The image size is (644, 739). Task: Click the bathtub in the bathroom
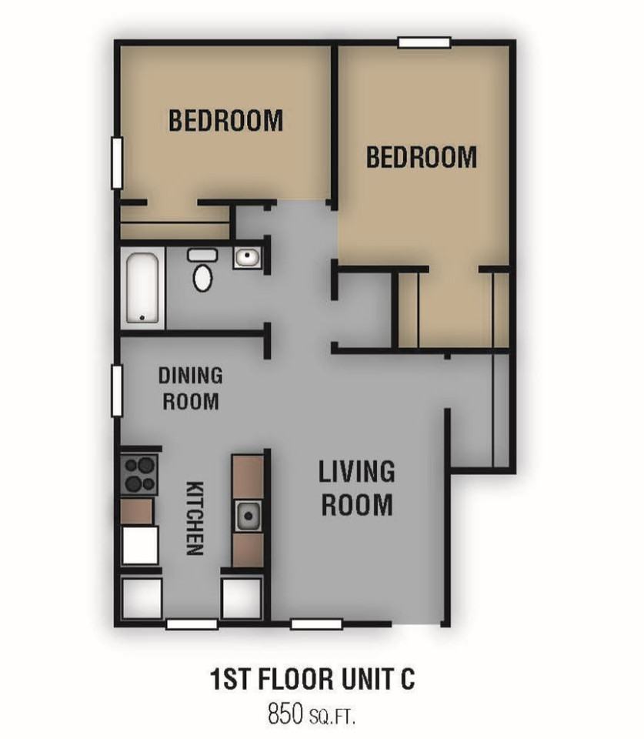(x=142, y=287)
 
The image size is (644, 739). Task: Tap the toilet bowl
(x=202, y=278)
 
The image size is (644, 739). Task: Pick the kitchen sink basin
(x=248, y=516)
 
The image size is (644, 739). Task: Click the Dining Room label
(x=190, y=389)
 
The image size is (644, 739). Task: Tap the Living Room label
(x=357, y=488)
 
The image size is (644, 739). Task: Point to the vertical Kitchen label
(x=195, y=518)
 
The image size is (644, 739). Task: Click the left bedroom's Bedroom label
(x=225, y=120)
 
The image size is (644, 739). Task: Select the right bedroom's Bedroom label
(x=422, y=157)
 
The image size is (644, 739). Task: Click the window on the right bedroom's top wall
(x=425, y=42)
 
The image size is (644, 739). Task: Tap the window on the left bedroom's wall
(x=117, y=163)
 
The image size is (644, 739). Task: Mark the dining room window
(x=117, y=391)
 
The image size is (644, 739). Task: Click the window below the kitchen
(x=192, y=624)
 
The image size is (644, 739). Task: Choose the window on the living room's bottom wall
(x=316, y=624)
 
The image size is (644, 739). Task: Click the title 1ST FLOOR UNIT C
(x=312, y=680)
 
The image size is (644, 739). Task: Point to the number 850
(x=285, y=713)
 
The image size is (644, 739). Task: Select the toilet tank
(x=202, y=256)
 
